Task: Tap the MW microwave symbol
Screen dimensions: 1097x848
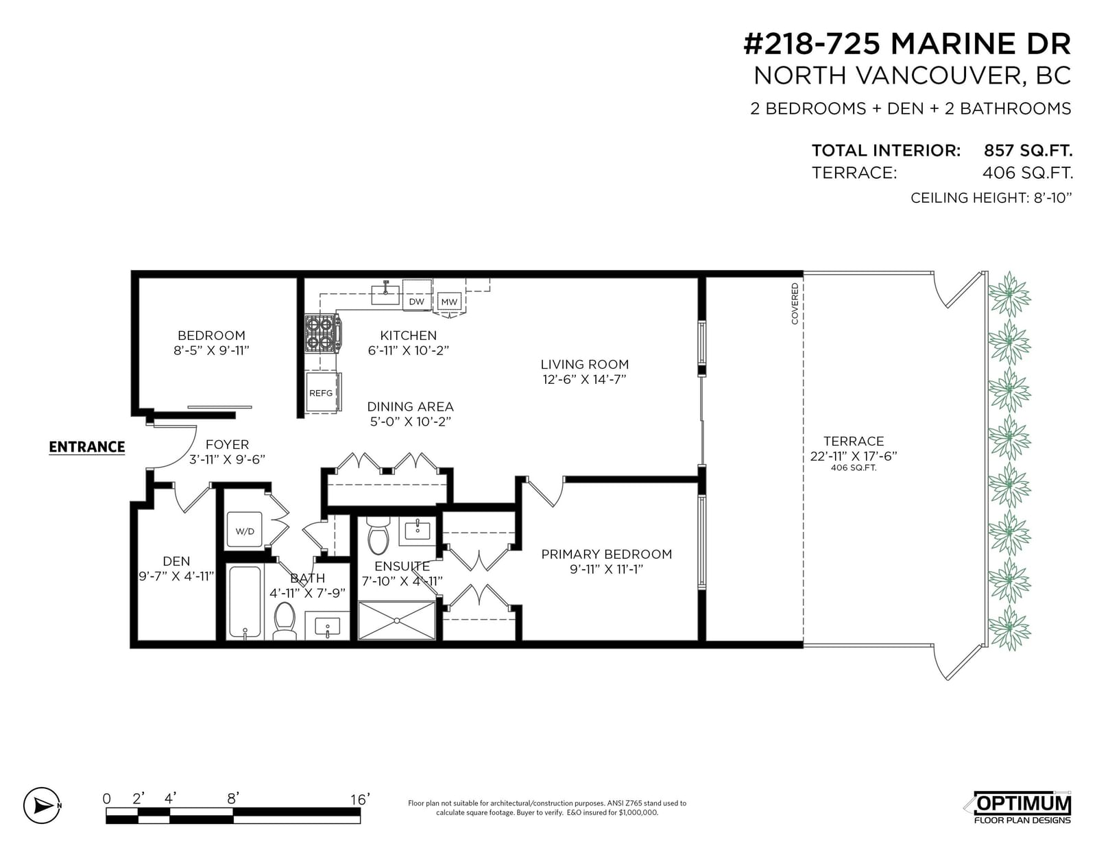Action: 449,302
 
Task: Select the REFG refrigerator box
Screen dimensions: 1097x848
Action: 323,392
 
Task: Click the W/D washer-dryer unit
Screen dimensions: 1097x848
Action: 244,530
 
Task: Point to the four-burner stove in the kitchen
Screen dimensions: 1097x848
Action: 323,332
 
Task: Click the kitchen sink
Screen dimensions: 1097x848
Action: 385,294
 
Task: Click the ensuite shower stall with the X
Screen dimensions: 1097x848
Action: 396,620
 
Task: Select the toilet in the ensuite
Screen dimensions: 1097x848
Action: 378,535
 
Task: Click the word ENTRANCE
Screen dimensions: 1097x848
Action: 87,447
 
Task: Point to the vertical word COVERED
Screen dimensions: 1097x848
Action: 795,304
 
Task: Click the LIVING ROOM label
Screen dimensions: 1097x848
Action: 585,365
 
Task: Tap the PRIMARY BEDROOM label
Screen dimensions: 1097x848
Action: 606,554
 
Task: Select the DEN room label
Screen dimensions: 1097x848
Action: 176,561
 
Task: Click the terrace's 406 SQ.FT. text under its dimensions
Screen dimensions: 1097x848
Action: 853,468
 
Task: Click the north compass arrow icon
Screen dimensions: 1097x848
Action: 43,805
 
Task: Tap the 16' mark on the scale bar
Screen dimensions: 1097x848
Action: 360,799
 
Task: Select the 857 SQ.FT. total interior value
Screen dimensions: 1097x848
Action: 1028,150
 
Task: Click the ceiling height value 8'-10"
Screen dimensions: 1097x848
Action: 1052,198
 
